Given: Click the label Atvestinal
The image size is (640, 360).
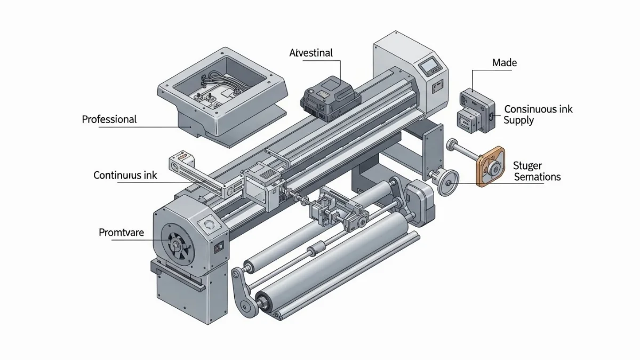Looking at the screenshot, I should coord(311,53).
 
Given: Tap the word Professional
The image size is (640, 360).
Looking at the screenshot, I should coord(109,119).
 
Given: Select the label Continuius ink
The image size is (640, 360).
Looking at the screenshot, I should coord(125,175).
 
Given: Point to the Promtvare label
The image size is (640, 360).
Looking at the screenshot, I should coord(122,233).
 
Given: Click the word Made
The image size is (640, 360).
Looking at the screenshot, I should coord(505,63).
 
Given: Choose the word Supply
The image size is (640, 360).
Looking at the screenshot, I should coord(518,121).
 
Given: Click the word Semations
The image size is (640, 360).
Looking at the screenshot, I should coord(537,177).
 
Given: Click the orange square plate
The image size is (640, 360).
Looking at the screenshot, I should coord(490,167).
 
